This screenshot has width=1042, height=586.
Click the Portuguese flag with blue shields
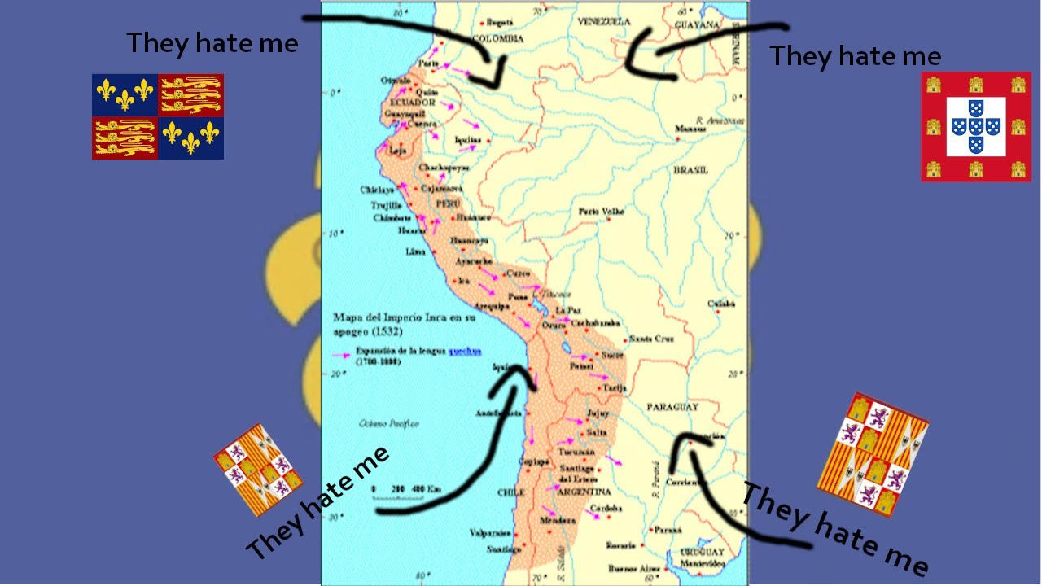click(x=975, y=126)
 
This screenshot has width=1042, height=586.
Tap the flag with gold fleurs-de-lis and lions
click(x=157, y=116)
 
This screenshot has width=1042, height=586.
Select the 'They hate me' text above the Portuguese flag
click(x=855, y=56)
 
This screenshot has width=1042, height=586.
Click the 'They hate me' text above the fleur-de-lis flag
click(x=212, y=43)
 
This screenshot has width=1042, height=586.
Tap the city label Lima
click(x=415, y=252)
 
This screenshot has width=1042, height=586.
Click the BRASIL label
click(x=690, y=171)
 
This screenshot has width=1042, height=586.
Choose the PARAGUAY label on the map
click(x=672, y=406)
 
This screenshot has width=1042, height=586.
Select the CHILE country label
click(x=511, y=492)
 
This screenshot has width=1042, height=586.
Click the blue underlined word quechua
click(x=464, y=352)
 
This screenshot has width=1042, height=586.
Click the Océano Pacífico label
click(x=389, y=423)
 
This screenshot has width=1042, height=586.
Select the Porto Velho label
click(x=601, y=212)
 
